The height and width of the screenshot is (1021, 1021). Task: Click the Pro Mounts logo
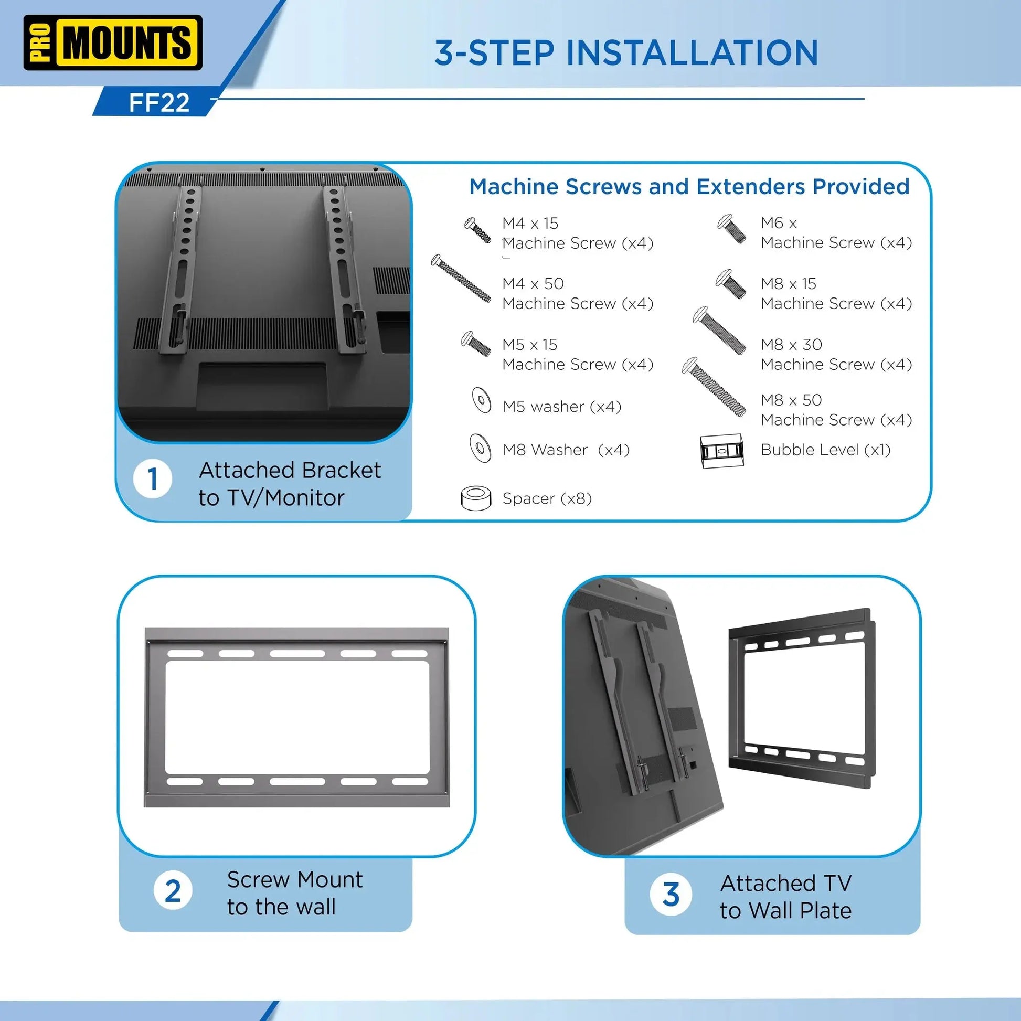(x=113, y=43)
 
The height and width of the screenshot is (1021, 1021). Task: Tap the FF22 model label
(x=158, y=102)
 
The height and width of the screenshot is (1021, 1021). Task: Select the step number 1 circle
(x=153, y=480)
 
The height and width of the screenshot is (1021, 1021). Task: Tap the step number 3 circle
(x=671, y=894)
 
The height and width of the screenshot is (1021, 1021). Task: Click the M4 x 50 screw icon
(x=461, y=279)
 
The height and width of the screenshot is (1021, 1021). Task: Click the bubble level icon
(x=721, y=451)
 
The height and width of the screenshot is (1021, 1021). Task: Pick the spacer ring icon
(x=476, y=498)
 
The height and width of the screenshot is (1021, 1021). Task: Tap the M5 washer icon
(x=481, y=400)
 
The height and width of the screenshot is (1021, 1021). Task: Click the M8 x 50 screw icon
(x=714, y=386)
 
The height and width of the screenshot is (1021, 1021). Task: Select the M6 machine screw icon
(x=731, y=229)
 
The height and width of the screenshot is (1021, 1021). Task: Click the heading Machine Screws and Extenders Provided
(x=689, y=187)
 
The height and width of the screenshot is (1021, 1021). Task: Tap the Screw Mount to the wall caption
(x=294, y=893)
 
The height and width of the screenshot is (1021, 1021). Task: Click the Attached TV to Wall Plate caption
(x=785, y=897)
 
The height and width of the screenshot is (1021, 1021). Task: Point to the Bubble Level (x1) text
(x=825, y=450)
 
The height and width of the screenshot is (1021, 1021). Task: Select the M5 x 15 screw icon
(x=476, y=344)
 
